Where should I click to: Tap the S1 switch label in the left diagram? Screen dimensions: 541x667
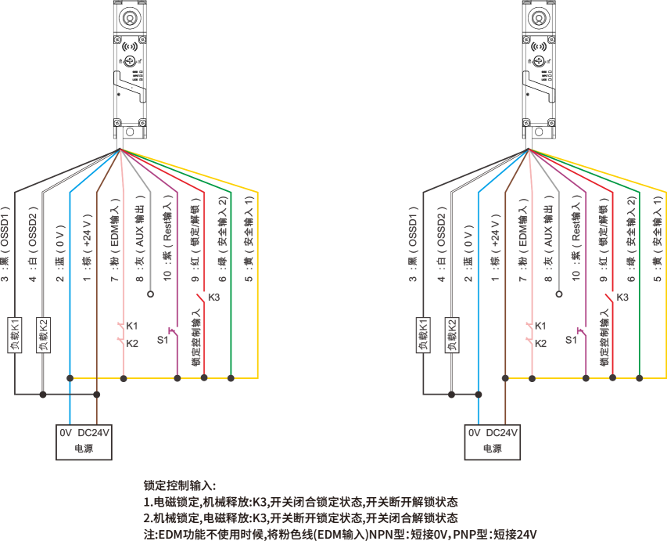click(x=163, y=340)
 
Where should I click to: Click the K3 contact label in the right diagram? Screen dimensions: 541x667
click(x=622, y=298)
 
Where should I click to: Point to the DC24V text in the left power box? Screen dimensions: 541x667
click(x=95, y=432)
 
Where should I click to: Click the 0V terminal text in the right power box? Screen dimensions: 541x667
click(x=474, y=432)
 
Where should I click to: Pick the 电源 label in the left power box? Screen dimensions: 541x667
click(x=83, y=449)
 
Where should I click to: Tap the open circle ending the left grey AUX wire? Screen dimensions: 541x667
click(x=150, y=295)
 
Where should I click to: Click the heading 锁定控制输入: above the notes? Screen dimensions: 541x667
click(x=180, y=486)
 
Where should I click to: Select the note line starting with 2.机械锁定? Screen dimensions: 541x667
click(x=300, y=518)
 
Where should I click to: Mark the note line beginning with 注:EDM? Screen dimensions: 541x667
click(x=340, y=534)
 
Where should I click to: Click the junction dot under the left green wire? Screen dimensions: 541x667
click(x=231, y=378)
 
